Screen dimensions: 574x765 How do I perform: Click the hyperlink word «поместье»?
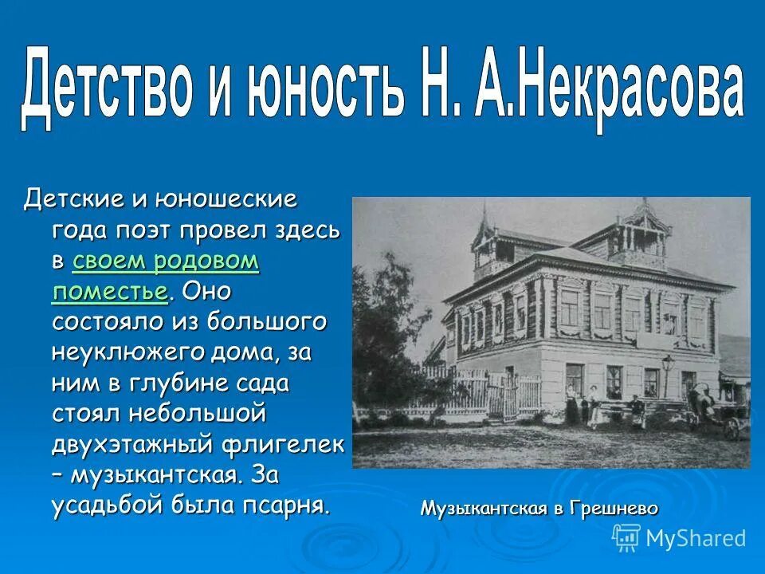click(x=110, y=291)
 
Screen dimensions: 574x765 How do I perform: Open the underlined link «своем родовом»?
click(x=166, y=261)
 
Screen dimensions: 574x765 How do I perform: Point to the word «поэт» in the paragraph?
click(x=145, y=231)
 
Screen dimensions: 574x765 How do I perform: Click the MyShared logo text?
click(x=695, y=538)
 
